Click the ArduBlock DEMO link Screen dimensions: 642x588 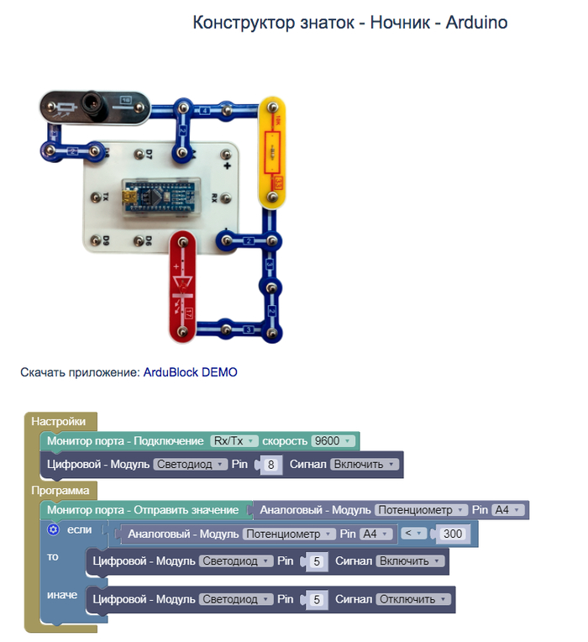(190, 371)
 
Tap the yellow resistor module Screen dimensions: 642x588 (273, 151)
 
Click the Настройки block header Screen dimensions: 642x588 (58, 421)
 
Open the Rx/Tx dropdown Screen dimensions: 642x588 (233, 441)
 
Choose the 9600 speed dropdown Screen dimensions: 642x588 (333, 441)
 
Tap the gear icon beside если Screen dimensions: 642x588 (53, 529)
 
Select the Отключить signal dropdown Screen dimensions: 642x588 (413, 599)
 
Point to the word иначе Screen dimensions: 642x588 (62, 595)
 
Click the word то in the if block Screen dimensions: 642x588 (53, 557)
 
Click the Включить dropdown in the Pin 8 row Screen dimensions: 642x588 (363, 464)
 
